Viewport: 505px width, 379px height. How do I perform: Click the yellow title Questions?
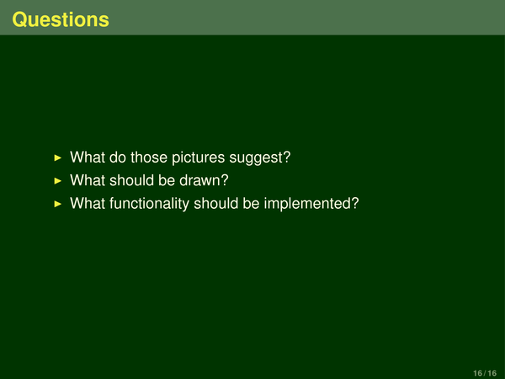point(61,20)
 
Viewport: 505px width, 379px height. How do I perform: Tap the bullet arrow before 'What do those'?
point(58,157)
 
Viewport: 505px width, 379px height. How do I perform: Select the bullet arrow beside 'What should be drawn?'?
point(58,181)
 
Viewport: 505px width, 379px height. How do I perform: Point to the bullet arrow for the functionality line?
point(58,204)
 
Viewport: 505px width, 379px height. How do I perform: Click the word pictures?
point(198,158)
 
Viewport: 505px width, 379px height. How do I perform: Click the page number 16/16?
point(485,373)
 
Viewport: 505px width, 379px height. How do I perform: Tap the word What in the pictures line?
point(88,157)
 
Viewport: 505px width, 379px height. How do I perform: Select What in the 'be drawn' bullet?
point(88,180)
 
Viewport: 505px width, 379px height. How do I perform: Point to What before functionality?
point(88,203)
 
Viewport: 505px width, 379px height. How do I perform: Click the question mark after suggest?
point(287,157)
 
